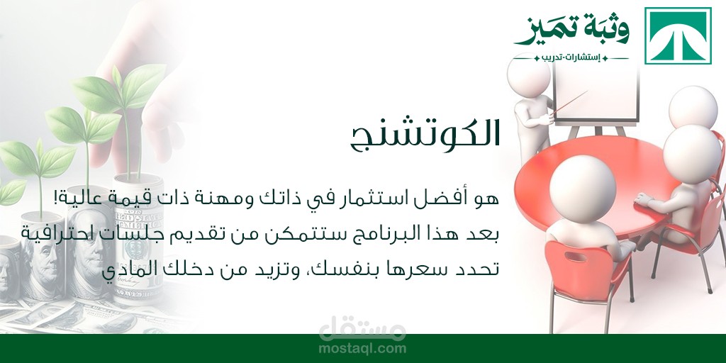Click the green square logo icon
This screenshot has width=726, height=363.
tap(678, 35)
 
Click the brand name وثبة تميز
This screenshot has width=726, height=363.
tap(572, 30)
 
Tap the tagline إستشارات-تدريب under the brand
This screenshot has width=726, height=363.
tap(571, 58)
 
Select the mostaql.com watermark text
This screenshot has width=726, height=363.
tap(362, 349)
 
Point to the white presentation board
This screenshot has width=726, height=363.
tap(596, 94)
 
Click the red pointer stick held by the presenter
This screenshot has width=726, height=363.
tap(570, 102)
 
